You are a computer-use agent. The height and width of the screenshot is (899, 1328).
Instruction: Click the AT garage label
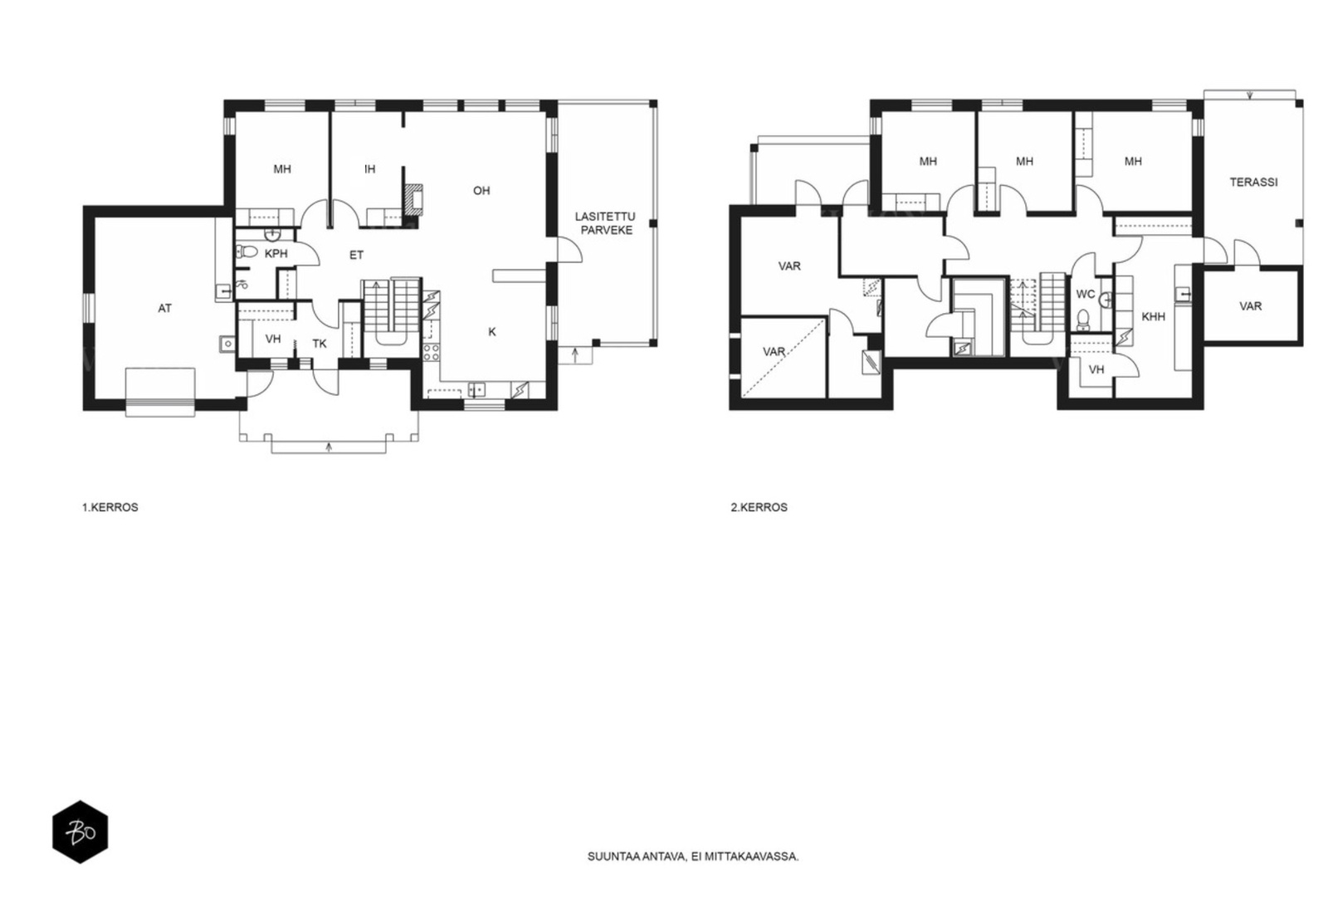click(x=165, y=308)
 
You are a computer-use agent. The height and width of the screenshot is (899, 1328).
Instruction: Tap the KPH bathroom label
click(x=276, y=254)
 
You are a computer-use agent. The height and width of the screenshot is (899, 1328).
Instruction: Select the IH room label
click(x=370, y=169)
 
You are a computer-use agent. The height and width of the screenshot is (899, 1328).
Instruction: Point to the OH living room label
click(x=481, y=191)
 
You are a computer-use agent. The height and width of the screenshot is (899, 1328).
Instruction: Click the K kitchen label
click(x=492, y=332)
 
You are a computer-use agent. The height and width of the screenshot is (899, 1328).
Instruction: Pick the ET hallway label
click(x=356, y=256)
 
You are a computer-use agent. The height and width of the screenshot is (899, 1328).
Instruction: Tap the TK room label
click(x=320, y=344)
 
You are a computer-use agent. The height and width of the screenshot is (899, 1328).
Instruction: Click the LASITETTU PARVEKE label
click(x=607, y=223)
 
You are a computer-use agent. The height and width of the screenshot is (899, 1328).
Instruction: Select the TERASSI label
click(x=1253, y=183)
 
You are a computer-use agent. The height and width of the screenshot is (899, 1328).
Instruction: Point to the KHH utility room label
click(x=1154, y=316)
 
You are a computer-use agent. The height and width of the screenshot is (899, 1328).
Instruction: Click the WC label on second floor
click(x=1086, y=295)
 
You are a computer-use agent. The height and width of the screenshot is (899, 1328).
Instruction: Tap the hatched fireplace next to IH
click(x=414, y=199)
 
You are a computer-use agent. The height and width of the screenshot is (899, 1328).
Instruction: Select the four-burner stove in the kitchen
click(x=432, y=352)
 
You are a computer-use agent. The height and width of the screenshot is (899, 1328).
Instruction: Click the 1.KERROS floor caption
click(x=110, y=508)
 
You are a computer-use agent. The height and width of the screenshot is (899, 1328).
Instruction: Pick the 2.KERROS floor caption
click(x=759, y=508)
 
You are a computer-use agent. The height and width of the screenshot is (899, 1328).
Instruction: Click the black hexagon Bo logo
click(x=81, y=832)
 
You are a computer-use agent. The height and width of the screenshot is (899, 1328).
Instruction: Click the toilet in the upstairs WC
click(x=1083, y=320)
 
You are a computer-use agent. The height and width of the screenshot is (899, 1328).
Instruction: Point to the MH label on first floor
click(x=282, y=169)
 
